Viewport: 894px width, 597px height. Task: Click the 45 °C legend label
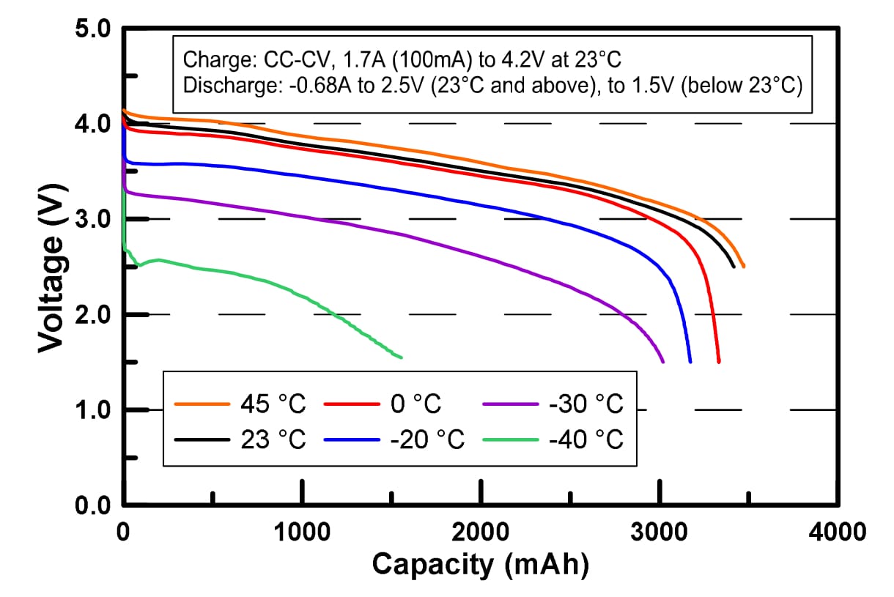272,404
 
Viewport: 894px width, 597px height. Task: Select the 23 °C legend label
272,440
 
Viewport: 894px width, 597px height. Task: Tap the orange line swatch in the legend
202,404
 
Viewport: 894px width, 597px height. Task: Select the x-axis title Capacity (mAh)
480,565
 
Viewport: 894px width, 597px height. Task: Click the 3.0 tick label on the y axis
94,219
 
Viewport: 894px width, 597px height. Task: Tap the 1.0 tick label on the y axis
94,409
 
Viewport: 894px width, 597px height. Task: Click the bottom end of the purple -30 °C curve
662,362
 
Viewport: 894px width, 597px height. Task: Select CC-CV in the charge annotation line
276,59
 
